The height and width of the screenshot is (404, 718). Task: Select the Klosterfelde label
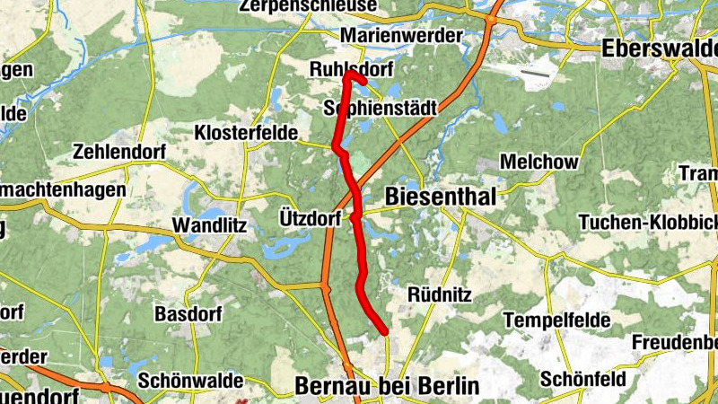[246, 133]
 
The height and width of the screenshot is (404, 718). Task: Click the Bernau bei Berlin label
[387, 386]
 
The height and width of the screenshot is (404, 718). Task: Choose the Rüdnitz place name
[439, 294]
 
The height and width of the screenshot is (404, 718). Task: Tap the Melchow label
[538, 162]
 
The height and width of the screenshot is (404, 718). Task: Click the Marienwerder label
[403, 35]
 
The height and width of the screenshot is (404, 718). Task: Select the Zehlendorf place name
[120, 151]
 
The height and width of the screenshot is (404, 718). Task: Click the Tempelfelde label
[556, 320]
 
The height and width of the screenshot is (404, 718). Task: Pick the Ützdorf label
[310, 218]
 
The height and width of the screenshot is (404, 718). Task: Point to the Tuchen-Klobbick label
[647, 222]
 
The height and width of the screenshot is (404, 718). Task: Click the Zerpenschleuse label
[308, 6]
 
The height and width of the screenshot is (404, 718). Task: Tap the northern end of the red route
[346, 75]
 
